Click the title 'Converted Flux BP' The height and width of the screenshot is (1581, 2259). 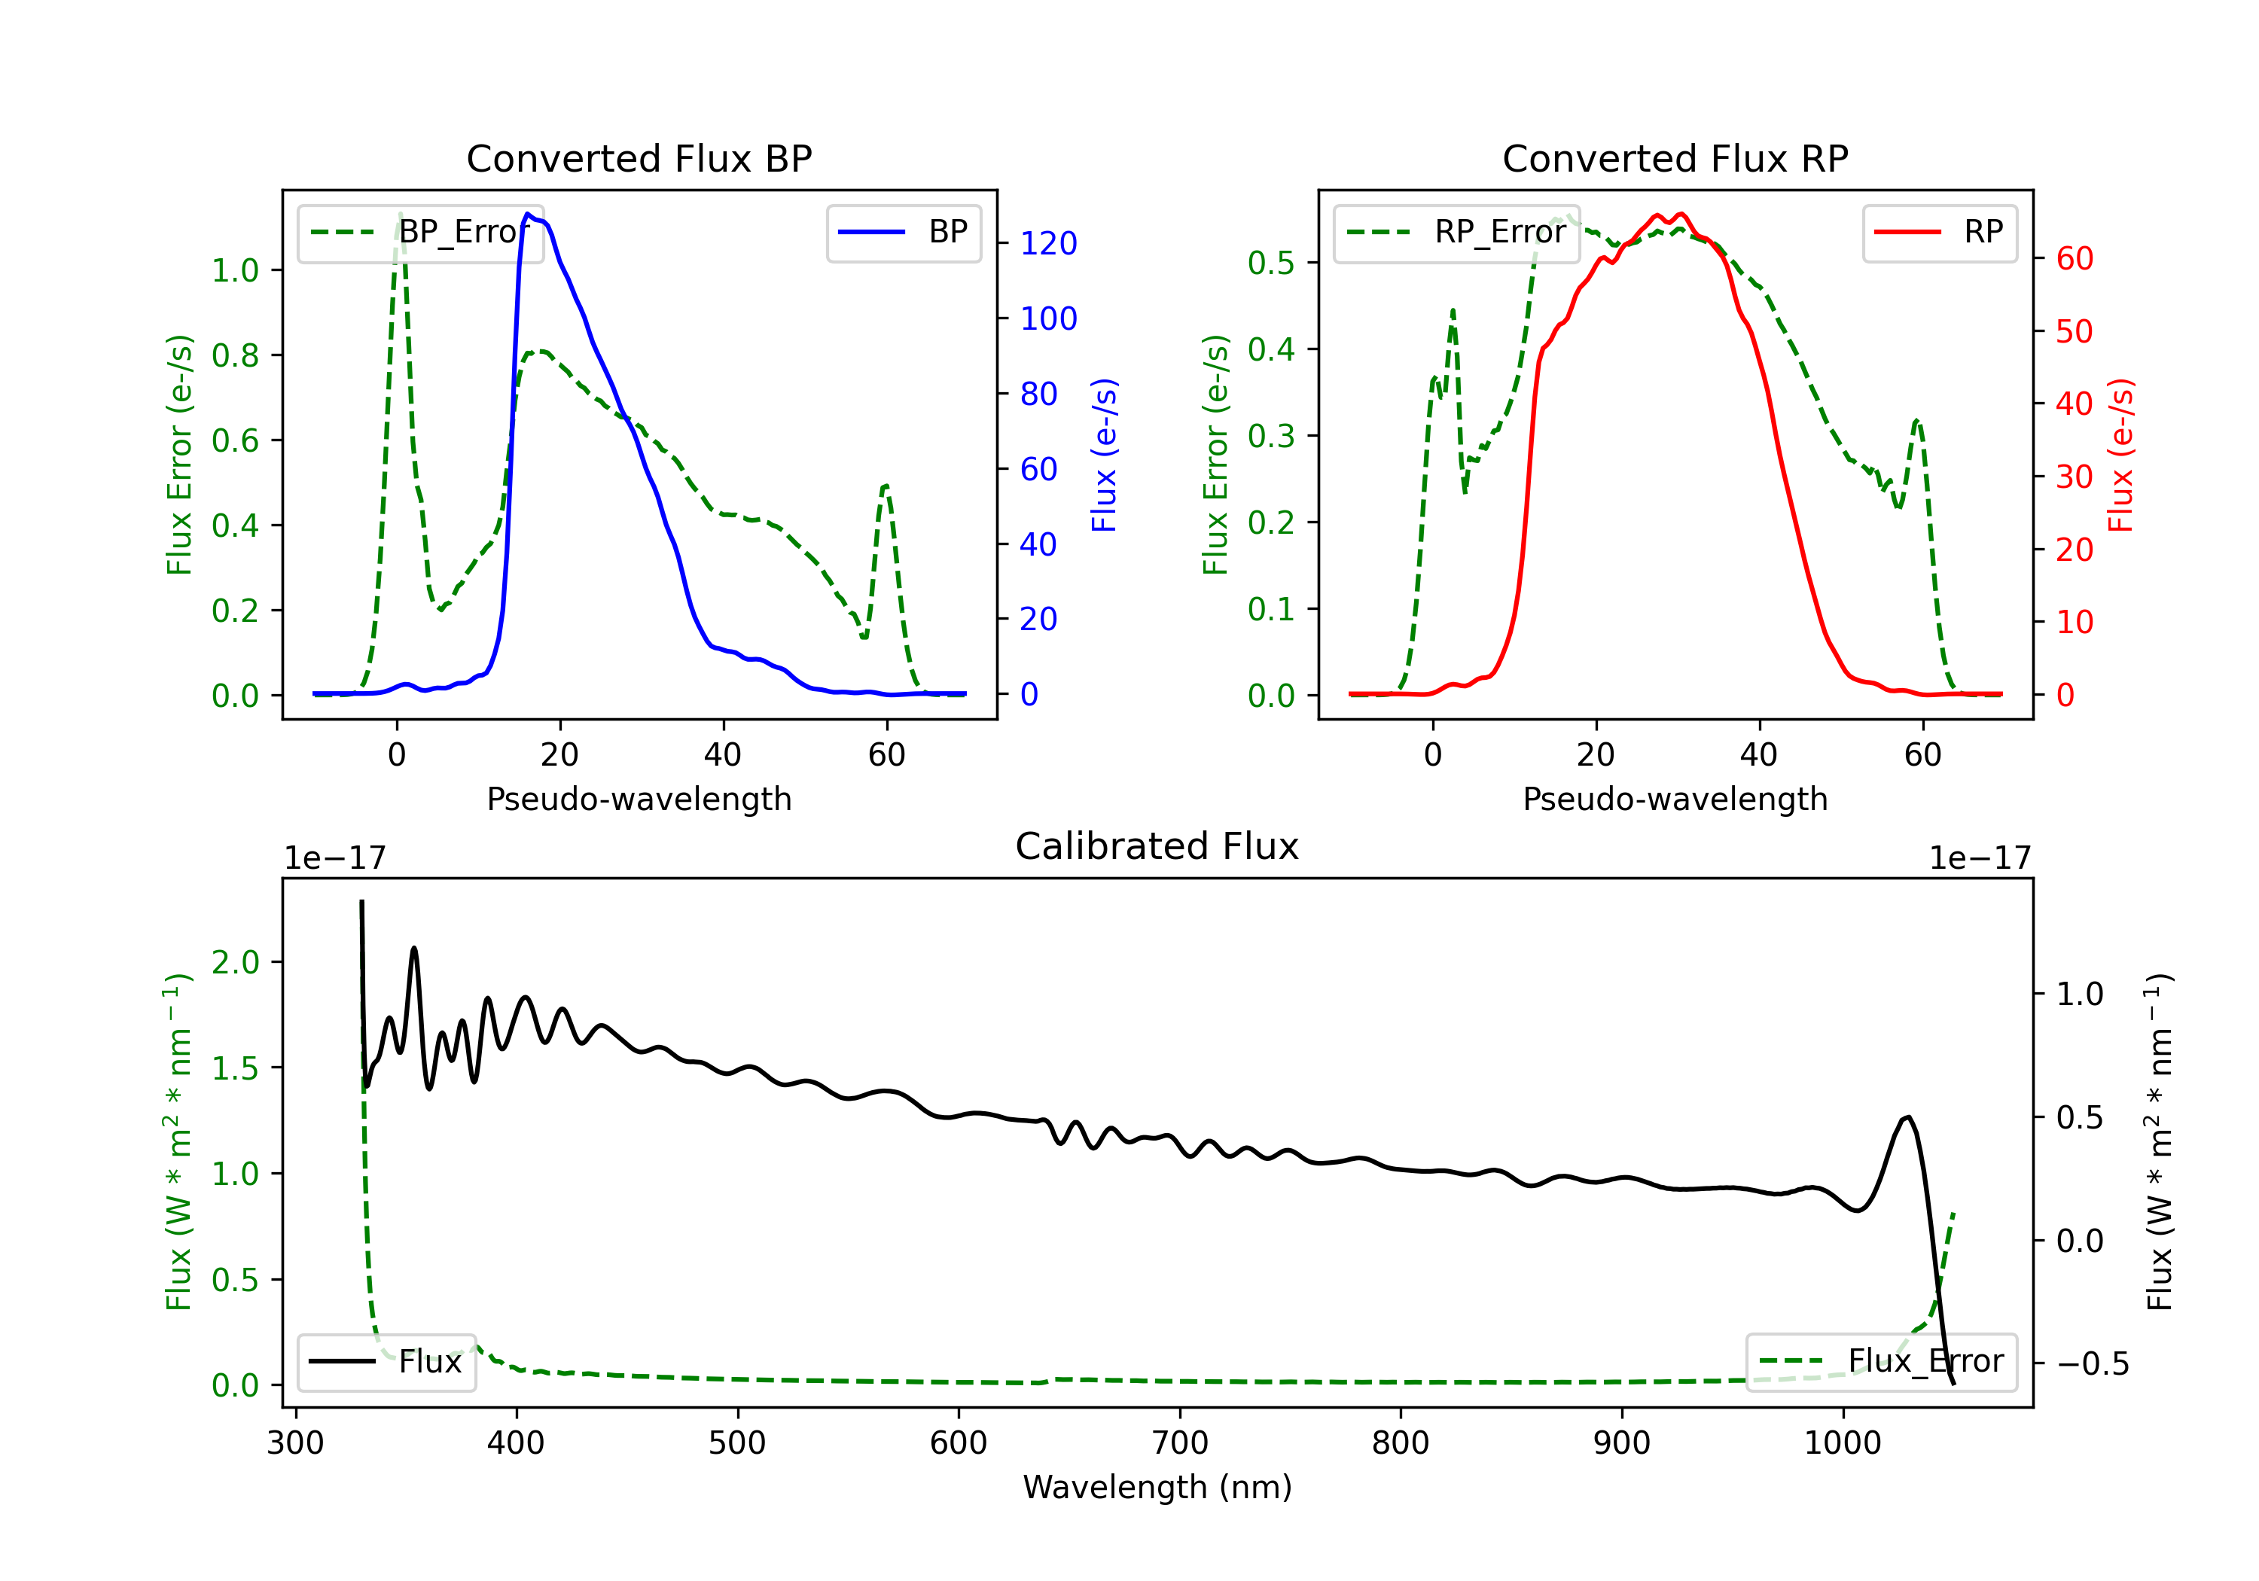coord(639,158)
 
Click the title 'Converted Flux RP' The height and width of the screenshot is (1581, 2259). coord(1675,158)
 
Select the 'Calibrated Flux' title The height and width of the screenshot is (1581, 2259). coord(1157,846)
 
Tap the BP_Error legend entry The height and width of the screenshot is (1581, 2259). coord(420,232)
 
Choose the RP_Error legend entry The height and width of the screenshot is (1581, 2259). coord(1456,232)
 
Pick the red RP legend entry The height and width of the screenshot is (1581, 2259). coord(1939,232)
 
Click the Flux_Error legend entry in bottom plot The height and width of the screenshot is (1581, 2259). coord(1881,1362)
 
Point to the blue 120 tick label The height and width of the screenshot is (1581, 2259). coord(1048,243)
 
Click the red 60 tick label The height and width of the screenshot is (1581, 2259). coord(2074,259)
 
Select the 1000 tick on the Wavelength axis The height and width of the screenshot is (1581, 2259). coord(1842,1443)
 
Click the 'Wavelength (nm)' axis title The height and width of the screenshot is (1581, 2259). coord(1157,1487)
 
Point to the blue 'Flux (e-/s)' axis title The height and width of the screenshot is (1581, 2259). coord(1104,455)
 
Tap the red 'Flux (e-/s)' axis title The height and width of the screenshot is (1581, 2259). coord(2120,455)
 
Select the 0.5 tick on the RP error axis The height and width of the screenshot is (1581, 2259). coord(1271,263)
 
